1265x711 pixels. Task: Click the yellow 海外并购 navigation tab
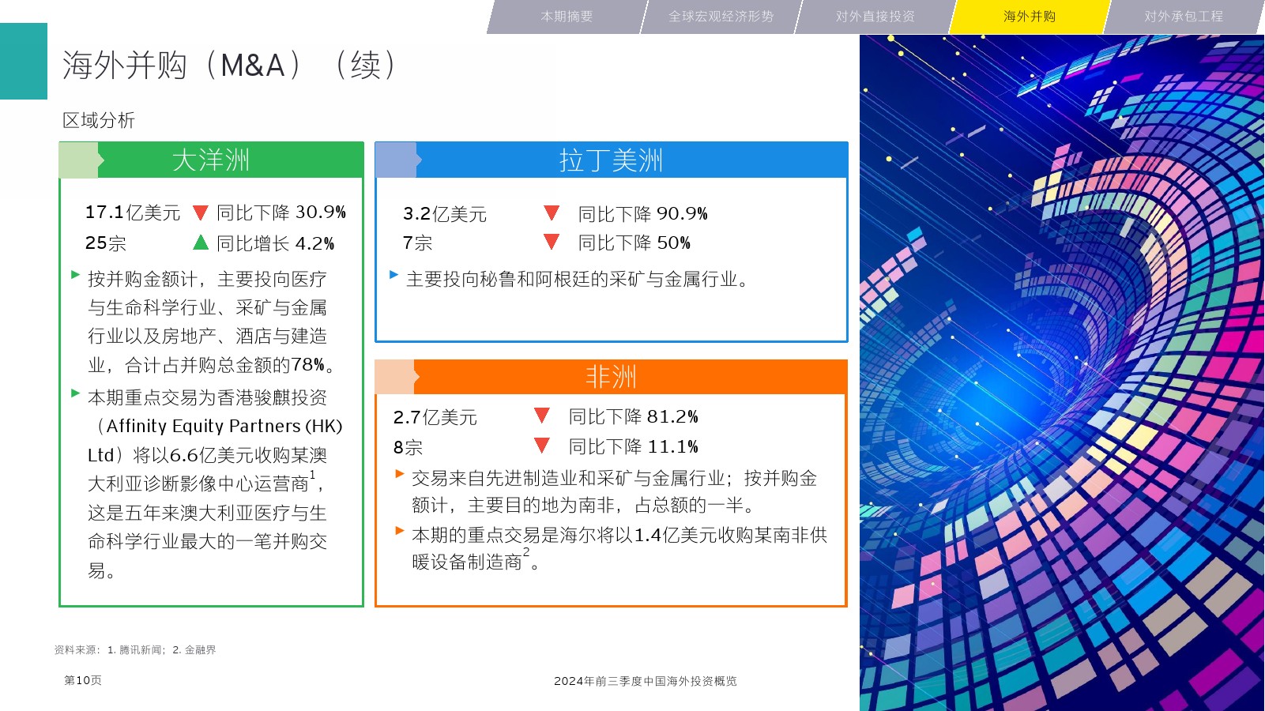point(1030,17)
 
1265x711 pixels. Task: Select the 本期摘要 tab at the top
point(567,17)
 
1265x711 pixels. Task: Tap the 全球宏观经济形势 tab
point(721,17)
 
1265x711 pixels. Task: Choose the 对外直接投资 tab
point(875,17)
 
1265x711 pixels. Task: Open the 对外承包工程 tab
point(1184,17)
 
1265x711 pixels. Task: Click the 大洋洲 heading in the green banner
point(211,160)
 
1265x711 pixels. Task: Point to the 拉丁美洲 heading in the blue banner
point(611,160)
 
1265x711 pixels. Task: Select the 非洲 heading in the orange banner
point(611,377)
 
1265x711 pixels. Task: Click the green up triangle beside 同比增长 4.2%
point(201,243)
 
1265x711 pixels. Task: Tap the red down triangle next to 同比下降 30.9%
point(201,213)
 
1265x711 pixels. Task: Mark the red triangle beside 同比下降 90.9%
point(552,213)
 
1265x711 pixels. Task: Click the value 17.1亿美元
point(133,213)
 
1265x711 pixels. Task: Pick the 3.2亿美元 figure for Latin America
point(444,214)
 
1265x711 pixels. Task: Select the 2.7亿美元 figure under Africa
point(435,417)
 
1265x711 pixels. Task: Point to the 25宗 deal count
point(106,243)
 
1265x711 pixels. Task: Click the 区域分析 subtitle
point(99,120)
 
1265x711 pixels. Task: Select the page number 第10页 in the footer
point(83,680)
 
